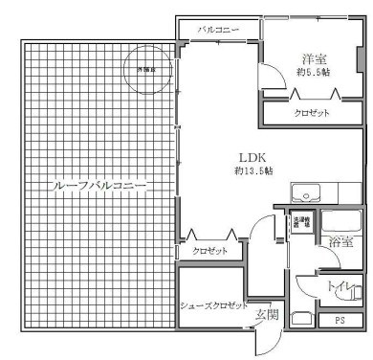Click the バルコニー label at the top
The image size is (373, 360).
tap(218, 30)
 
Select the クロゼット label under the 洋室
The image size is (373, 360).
tap(312, 113)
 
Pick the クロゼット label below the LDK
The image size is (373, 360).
tap(209, 251)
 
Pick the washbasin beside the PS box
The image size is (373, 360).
tap(301, 319)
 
